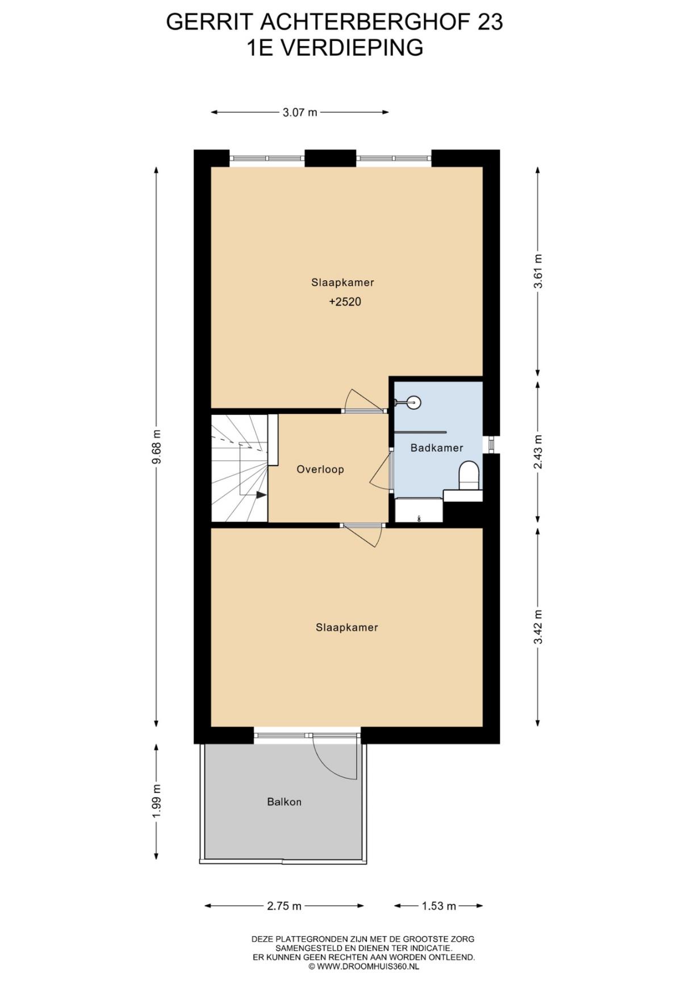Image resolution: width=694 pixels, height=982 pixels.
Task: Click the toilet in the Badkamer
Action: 469,475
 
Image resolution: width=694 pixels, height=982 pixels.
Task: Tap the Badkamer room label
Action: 437,448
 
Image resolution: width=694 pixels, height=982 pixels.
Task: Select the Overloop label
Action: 320,469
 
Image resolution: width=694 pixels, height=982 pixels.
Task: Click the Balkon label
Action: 284,802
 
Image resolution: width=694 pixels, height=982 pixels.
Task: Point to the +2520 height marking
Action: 345,302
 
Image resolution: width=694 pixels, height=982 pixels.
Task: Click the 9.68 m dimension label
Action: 157,446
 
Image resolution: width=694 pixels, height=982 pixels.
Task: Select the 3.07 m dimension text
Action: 300,112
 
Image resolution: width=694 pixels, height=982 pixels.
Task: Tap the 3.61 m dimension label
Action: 538,271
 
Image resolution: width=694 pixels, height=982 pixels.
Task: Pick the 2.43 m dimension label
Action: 538,452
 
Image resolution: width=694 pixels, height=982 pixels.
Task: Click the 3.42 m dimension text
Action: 538,627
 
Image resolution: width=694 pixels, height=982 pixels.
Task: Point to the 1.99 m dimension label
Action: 157,801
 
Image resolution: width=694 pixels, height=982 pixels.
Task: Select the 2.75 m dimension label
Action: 284,906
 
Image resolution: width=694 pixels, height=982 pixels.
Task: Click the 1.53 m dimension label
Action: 439,906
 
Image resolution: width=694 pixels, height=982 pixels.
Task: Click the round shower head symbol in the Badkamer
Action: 415,402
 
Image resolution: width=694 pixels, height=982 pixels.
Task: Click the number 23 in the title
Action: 490,22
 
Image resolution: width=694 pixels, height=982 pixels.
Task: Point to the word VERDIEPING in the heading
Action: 352,47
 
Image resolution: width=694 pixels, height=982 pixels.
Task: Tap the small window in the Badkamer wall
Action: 491,444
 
